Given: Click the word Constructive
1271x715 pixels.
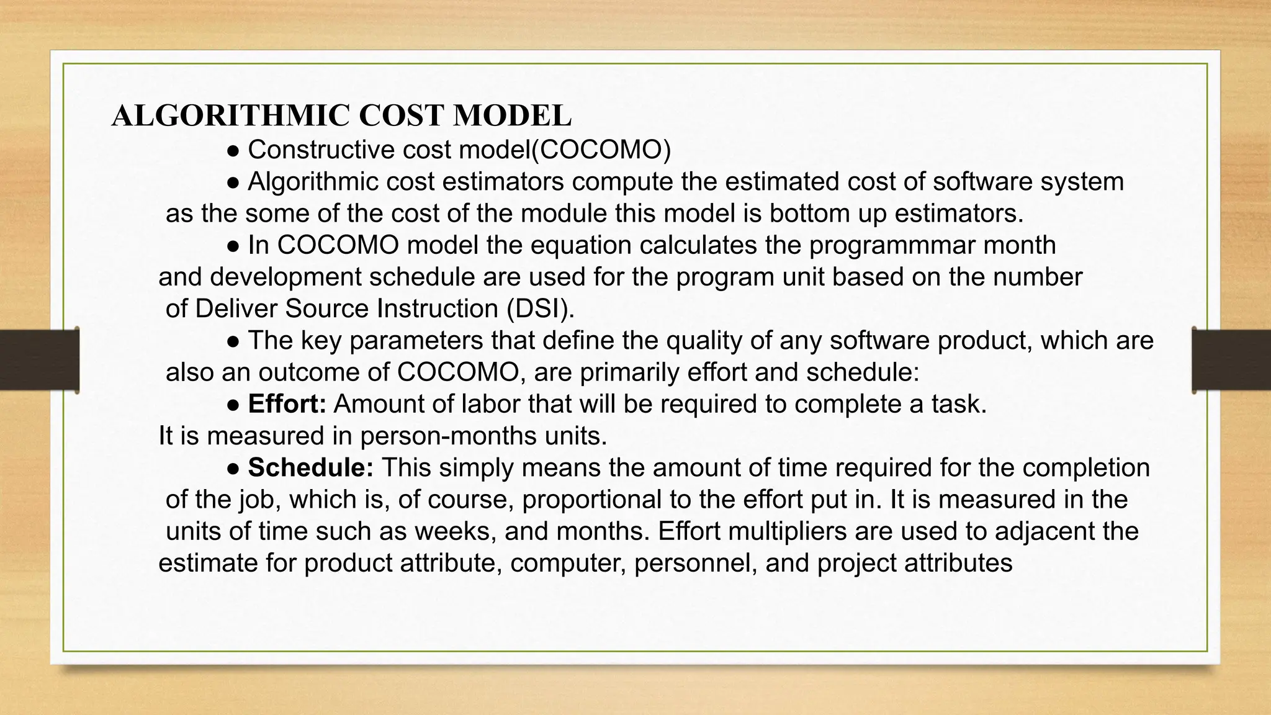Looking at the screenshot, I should [x=321, y=150].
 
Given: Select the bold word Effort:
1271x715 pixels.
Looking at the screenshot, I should [x=287, y=404].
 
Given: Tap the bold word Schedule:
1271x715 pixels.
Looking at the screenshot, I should [x=310, y=468].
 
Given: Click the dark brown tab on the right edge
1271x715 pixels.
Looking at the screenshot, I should [x=1231, y=360].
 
